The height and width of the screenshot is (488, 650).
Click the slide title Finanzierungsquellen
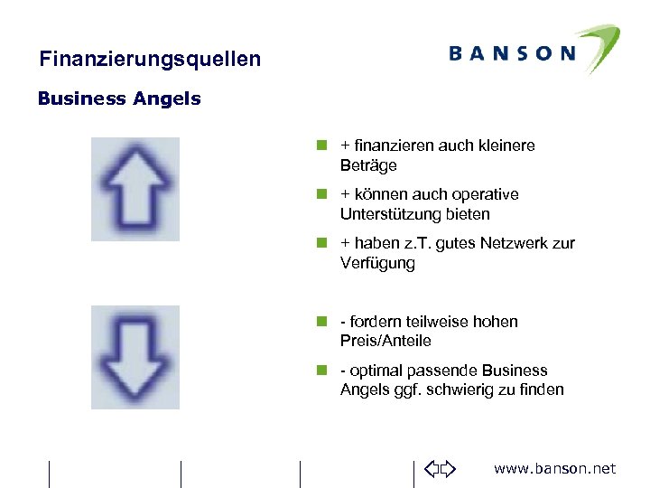tap(150, 60)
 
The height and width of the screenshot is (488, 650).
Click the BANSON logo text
tap(511, 53)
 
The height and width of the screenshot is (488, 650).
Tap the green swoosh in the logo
tap(594, 44)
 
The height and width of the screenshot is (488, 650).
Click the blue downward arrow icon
tap(135, 356)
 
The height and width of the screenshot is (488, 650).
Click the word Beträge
tap(368, 165)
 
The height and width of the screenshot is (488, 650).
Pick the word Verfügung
tap(377, 263)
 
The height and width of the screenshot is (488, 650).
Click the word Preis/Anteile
tap(385, 341)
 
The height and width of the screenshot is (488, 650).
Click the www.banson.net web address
tap(555, 468)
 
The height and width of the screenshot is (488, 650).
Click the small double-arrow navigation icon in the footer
tap(441, 468)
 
